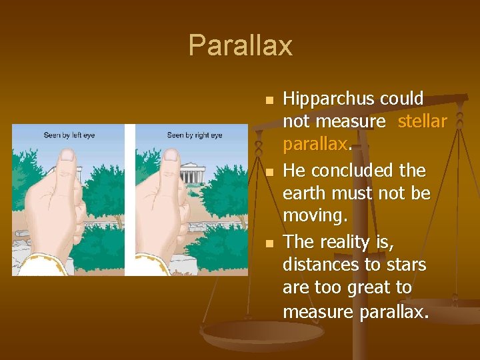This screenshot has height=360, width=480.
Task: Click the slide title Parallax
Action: click(x=240, y=45)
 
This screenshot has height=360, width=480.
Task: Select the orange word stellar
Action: click(x=422, y=121)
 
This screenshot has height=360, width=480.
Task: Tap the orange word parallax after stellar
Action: click(x=315, y=144)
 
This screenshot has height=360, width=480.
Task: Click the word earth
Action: click(x=304, y=193)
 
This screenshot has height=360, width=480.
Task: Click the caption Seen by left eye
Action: click(x=69, y=135)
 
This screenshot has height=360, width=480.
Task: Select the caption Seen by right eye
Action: click(x=194, y=135)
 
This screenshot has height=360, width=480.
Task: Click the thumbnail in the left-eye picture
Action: click(x=67, y=156)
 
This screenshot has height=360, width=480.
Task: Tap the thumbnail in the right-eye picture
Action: click(x=171, y=156)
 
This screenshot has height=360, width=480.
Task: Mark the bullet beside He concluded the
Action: click(x=269, y=173)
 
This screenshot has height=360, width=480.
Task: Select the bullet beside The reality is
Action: click(x=269, y=244)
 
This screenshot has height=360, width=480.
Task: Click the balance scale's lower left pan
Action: click(x=253, y=333)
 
